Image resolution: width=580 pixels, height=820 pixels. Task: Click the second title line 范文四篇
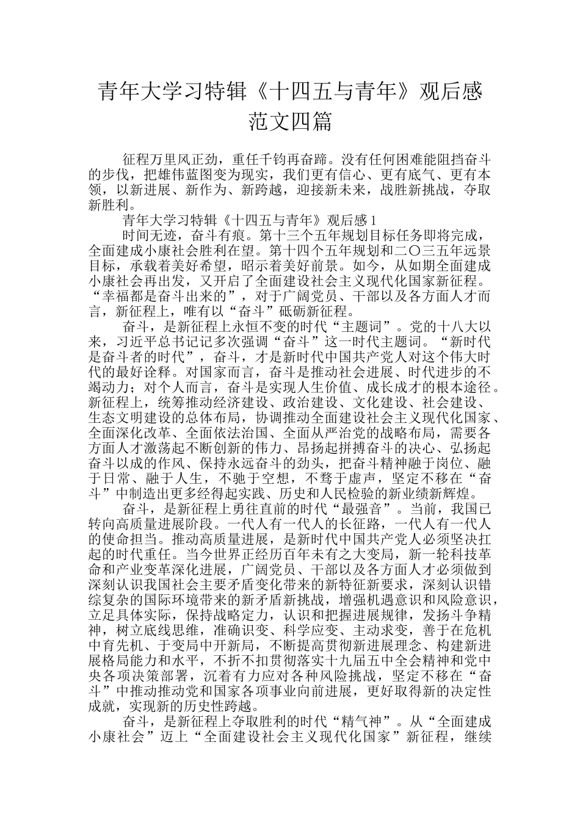(x=290, y=121)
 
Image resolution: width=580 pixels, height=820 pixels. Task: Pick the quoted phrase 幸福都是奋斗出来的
(x=162, y=297)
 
